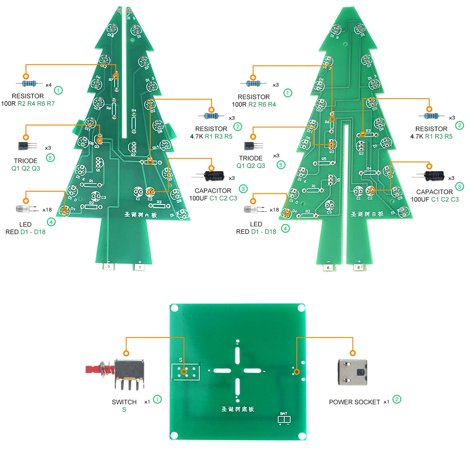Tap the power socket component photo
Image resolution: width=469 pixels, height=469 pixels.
click(352, 372)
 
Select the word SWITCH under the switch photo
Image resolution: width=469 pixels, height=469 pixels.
click(124, 402)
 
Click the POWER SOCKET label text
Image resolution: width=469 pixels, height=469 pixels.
click(354, 402)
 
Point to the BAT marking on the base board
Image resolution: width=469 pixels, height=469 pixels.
click(284, 414)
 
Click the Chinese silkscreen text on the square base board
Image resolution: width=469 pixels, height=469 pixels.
click(238, 409)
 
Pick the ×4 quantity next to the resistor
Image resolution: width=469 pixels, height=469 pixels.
click(48, 85)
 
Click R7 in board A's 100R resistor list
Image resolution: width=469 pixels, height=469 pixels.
click(51, 104)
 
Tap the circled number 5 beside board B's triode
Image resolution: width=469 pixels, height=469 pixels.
click(281, 165)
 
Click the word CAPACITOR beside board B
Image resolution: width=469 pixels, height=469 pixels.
click(434, 192)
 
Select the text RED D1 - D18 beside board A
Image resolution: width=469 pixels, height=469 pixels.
click(25, 232)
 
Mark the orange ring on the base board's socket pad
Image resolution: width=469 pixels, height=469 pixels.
click(297, 372)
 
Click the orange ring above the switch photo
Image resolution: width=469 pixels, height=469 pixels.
click(126, 353)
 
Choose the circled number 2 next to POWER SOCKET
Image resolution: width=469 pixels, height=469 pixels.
click(397, 399)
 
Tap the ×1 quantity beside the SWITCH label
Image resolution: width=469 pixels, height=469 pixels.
click(147, 402)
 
